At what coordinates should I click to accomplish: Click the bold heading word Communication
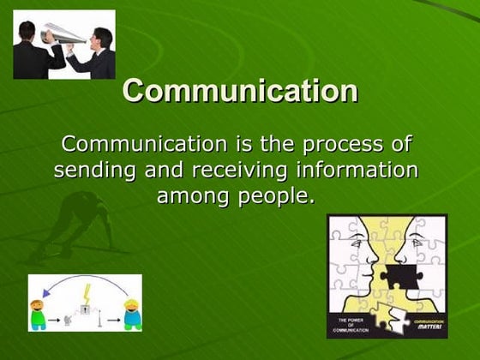[240, 91]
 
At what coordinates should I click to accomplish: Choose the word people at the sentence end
[278, 196]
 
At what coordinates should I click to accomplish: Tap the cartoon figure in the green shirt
[39, 314]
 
